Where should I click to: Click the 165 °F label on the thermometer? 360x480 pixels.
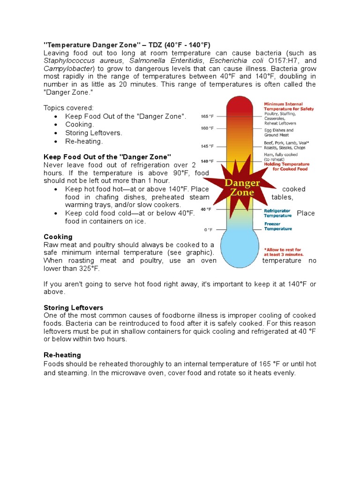(x=207, y=116)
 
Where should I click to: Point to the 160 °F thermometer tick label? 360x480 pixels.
(x=207, y=128)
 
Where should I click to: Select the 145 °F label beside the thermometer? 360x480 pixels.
(x=207, y=145)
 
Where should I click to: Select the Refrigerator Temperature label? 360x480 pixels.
(x=277, y=213)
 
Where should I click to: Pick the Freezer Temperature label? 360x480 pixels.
(x=277, y=226)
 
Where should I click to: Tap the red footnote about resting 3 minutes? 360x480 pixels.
(x=283, y=252)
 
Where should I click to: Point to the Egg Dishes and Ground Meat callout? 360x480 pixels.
(x=279, y=133)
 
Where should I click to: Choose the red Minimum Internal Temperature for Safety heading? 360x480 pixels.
(x=289, y=106)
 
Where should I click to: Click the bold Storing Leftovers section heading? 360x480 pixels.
(x=73, y=307)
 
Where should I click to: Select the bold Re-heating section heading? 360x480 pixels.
(x=62, y=355)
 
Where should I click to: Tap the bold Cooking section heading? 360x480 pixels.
(x=58, y=237)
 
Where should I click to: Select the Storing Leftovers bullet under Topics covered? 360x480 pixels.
(x=94, y=133)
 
